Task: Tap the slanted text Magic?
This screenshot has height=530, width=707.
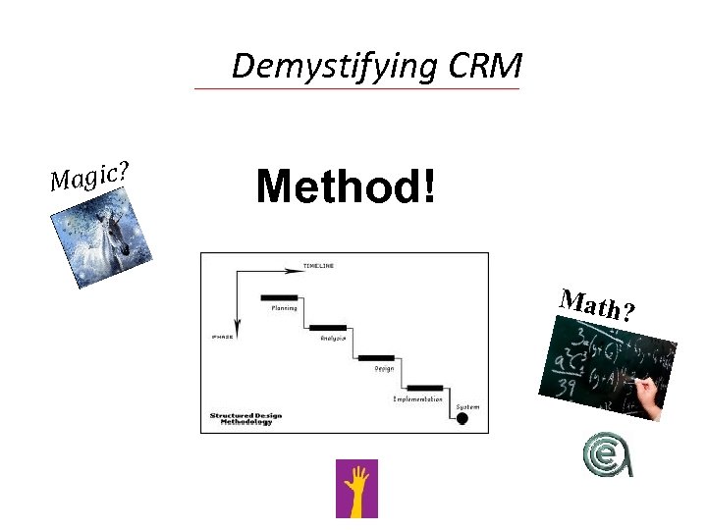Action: click(x=91, y=175)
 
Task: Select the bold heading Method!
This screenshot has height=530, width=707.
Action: click(x=344, y=185)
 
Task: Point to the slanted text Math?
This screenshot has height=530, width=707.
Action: click(x=597, y=304)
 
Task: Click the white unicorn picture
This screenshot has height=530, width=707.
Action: click(x=102, y=236)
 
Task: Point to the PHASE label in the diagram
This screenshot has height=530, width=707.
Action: click(x=222, y=337)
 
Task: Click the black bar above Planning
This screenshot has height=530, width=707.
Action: click(x=280, y=297)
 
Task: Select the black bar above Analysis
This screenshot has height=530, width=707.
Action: click(x=328, y=327)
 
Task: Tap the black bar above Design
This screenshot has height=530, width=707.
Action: click(x=376, y=357)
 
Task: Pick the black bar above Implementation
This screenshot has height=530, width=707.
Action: click(x=424, y=388)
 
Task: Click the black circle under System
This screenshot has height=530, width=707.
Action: click(x=462, y=419)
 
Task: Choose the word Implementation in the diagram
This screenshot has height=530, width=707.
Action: click(x=417, y=399)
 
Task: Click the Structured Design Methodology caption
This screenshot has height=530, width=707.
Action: click(x=245, y=418)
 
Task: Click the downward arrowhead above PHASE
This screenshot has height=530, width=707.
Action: click(x=236, y=325)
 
